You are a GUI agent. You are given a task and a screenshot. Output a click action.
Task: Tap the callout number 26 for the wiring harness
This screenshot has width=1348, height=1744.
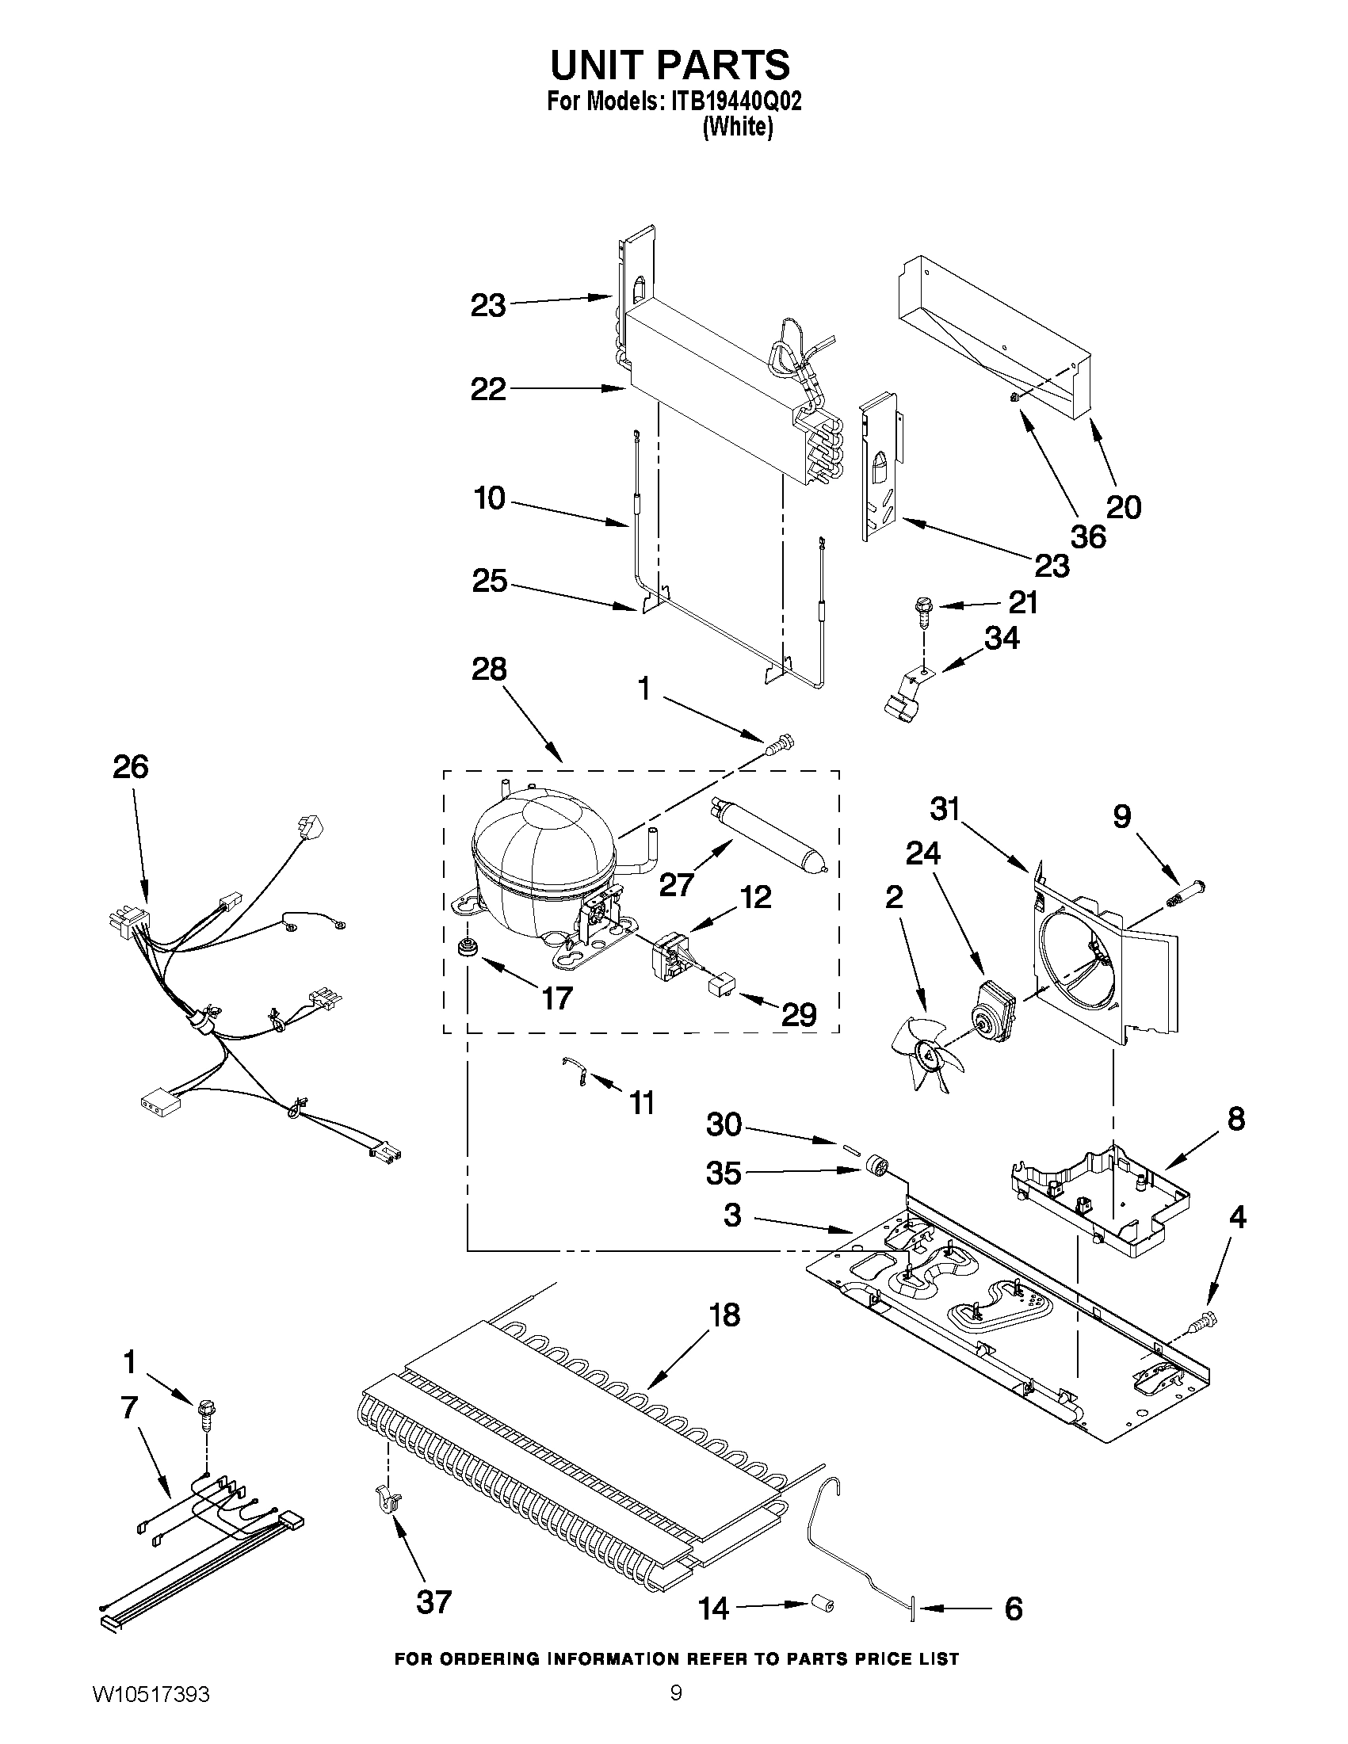130,766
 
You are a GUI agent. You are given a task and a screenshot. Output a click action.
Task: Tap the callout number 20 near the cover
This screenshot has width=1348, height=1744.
1124,506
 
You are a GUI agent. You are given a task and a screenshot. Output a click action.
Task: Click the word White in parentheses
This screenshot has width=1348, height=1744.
737,128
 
